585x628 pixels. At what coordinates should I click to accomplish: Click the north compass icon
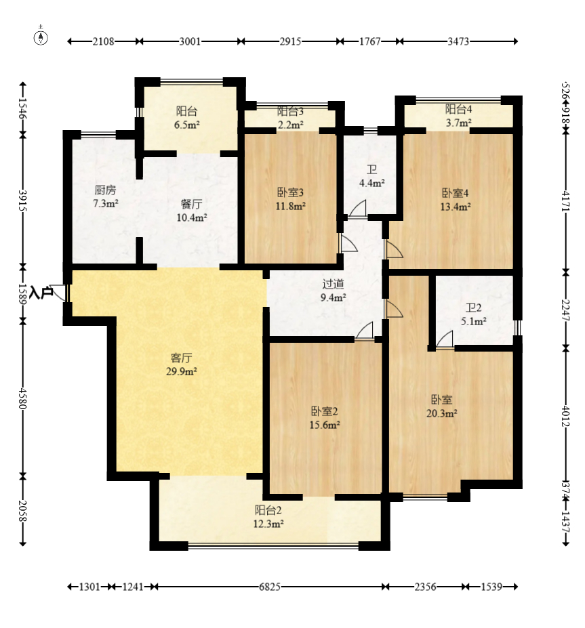coord(42,37)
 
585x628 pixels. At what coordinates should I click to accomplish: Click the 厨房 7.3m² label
coord(106,196)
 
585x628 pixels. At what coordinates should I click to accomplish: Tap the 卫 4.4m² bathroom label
coord(372,177)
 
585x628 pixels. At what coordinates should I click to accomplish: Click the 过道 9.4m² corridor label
coord(334,291)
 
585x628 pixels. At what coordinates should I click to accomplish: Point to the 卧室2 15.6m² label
coord(325,418)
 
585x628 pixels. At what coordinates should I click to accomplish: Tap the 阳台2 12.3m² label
coord(268,516)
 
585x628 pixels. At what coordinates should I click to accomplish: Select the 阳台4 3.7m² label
coord(458,115)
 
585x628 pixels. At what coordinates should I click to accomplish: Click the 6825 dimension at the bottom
coord(270,587)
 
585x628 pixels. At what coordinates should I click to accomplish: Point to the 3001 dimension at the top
coord(190,41)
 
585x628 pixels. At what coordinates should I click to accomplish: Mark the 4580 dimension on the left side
coord(23,398)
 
